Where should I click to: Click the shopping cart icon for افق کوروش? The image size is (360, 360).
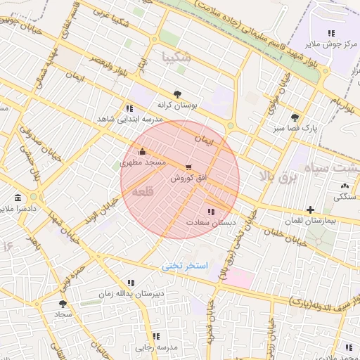(188, 167)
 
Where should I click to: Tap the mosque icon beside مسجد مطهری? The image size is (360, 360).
(143, 151)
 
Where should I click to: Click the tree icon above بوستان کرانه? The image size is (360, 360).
(176, 94)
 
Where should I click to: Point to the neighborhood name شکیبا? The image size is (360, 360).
(176, 56)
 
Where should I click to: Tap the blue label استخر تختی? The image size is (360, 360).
(185, 266)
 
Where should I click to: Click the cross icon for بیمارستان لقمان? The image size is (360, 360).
(310, 210)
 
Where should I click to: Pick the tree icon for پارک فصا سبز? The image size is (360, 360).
(294, 117)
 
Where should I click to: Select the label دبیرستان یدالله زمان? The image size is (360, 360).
(131, 292)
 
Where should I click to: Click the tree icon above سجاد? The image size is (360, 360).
(63, 304)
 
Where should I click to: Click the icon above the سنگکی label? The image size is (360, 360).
(345, 186)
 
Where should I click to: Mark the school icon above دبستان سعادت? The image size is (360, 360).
(211, 211)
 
